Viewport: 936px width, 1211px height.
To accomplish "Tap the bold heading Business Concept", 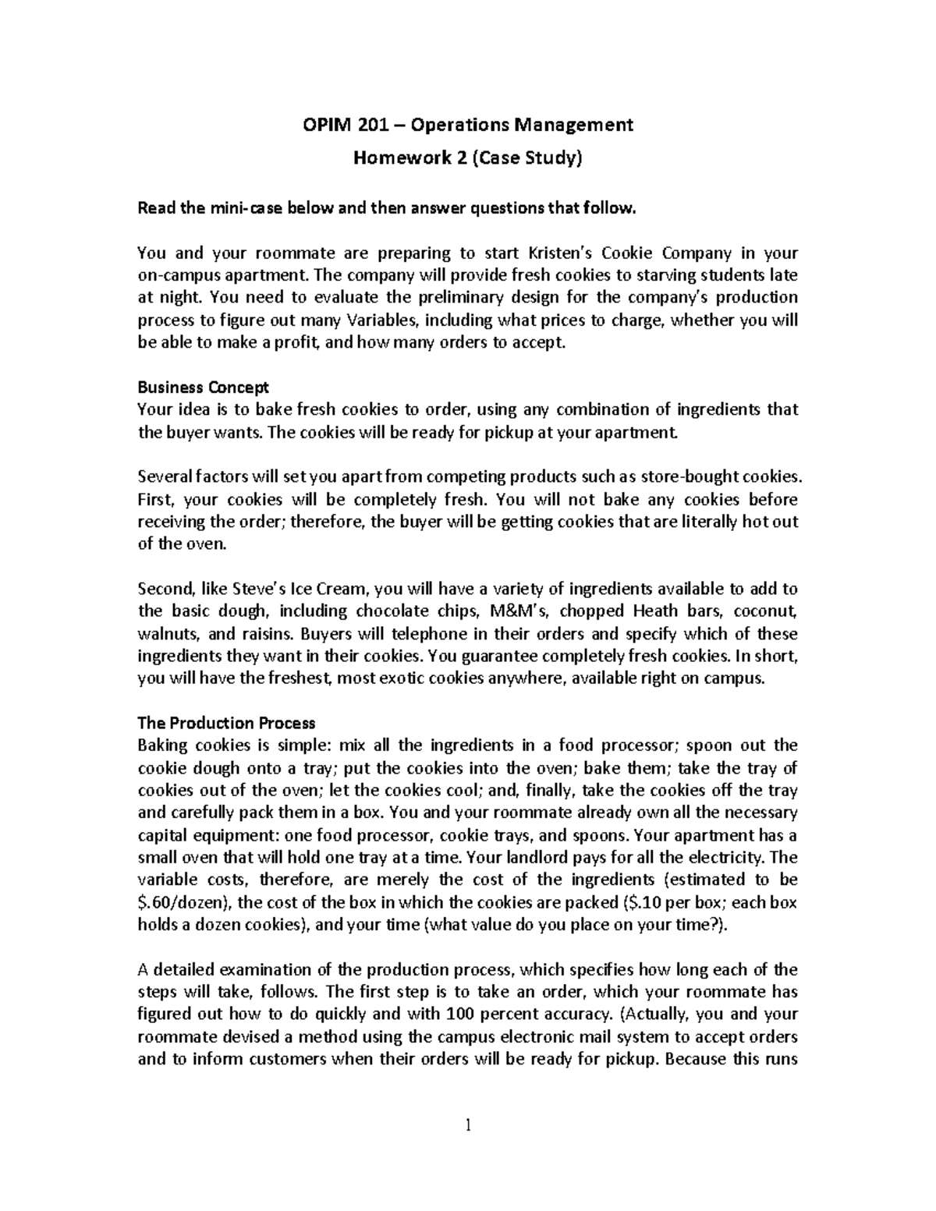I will point(203,387).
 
